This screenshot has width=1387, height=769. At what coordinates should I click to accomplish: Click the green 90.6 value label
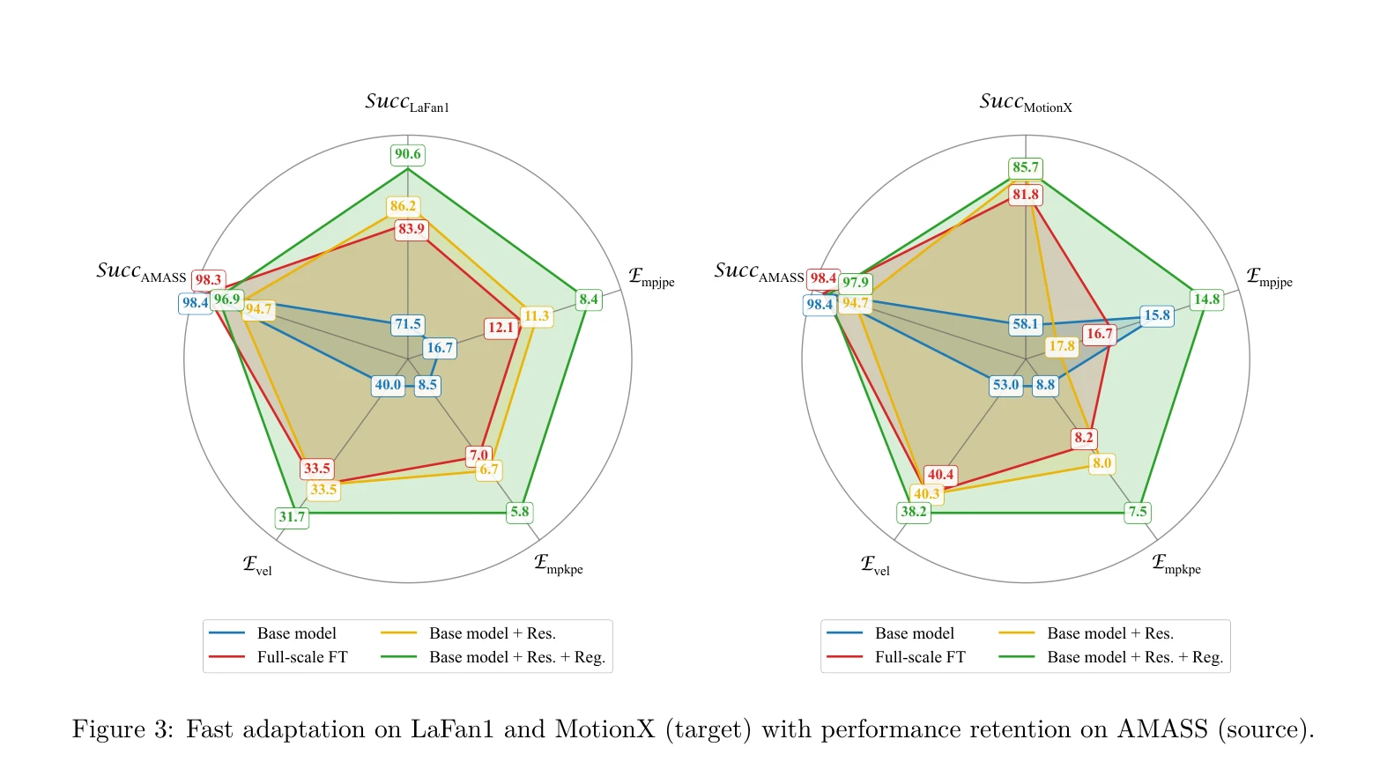[407, 154]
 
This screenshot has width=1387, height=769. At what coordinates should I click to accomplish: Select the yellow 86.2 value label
[403, 206]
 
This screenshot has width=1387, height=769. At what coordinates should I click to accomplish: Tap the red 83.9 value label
[412, 229]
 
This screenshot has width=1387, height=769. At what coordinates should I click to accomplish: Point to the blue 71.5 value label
[408, 324]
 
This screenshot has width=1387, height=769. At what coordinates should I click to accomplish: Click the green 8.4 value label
[589, 299]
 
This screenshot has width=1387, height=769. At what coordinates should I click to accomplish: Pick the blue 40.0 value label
[389, 385]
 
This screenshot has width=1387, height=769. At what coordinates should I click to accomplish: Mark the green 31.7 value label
[292, 517]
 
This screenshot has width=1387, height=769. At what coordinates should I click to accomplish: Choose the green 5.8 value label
[520, 512]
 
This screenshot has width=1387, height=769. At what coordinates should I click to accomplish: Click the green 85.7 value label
[1026, 167]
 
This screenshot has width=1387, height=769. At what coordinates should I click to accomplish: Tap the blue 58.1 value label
[1026, 324]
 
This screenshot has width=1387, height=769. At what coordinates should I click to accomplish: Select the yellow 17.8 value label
[1062, 346]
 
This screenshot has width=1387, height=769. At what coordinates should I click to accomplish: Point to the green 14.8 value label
[1207, 299]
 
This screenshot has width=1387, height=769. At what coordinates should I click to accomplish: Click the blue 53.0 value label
[1005, 385]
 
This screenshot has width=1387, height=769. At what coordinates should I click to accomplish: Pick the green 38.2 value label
[913, 512]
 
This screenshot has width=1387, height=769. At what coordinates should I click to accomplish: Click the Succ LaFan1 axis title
[407, 103]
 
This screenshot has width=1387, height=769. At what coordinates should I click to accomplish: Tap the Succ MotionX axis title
[1026, 103]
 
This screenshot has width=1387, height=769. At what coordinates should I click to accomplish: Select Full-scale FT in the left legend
[302, 657]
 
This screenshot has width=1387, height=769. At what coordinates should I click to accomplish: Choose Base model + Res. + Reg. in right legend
[1135, 657]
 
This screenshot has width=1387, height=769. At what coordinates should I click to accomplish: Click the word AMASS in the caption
[1162, 728]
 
